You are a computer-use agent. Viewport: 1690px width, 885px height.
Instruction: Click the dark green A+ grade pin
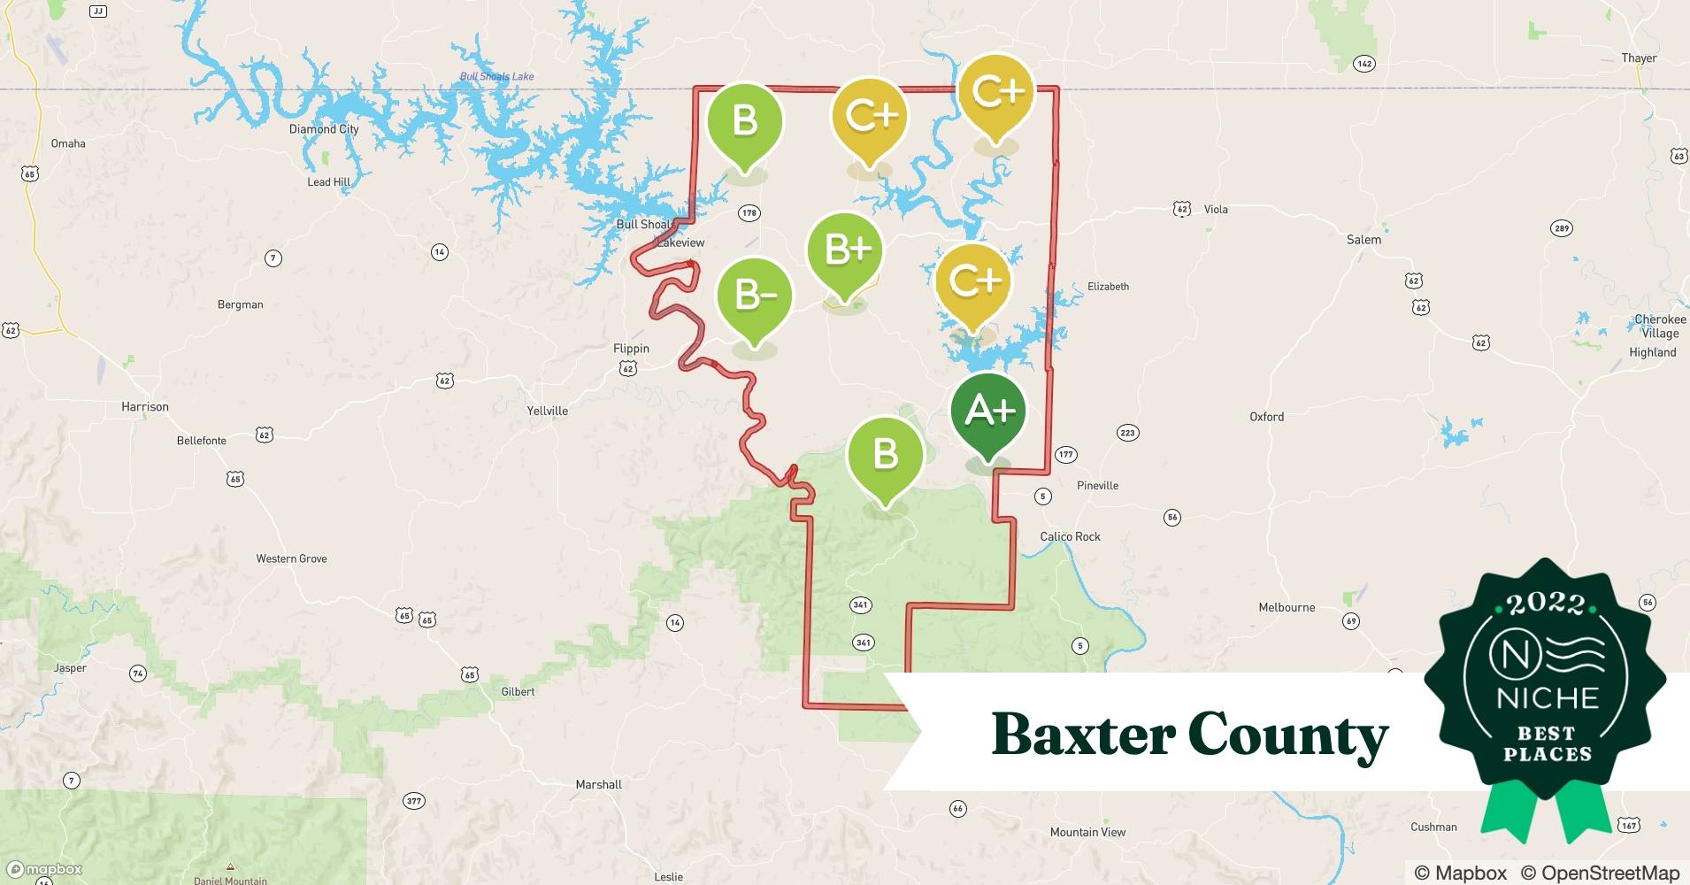coord(987,412)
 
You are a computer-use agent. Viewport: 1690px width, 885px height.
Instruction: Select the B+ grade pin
coord(845,251)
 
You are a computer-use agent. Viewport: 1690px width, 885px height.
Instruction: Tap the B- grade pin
coord(755,296)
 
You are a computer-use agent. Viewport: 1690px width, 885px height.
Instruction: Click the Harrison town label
coord(145,407)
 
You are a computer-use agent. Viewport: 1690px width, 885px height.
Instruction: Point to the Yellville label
coord(548,411)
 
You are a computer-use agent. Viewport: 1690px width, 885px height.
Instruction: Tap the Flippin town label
coord(631,349)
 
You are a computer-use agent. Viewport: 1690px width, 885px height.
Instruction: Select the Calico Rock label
coord(1070,536)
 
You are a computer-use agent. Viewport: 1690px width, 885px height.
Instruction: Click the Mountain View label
coord(1087,832)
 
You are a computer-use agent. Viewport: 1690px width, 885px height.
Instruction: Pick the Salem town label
coord(1364,240)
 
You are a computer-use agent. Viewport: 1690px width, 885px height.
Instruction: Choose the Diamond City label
coord(324,129)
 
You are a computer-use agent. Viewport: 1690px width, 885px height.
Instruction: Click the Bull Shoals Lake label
coord(496,77)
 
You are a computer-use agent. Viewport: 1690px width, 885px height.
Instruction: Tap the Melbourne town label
coord(1287,607)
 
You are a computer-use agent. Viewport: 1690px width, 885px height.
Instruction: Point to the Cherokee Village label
coord(1660,326)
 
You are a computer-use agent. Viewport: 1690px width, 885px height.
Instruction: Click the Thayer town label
coord(1639,58)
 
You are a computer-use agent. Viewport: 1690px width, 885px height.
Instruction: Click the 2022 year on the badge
coord(1546,604)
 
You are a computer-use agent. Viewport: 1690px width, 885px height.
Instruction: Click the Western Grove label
coord(291,558)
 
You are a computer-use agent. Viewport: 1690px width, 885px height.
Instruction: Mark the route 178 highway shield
coord(749,212)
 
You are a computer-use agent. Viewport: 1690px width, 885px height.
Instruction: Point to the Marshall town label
coord(599,785)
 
